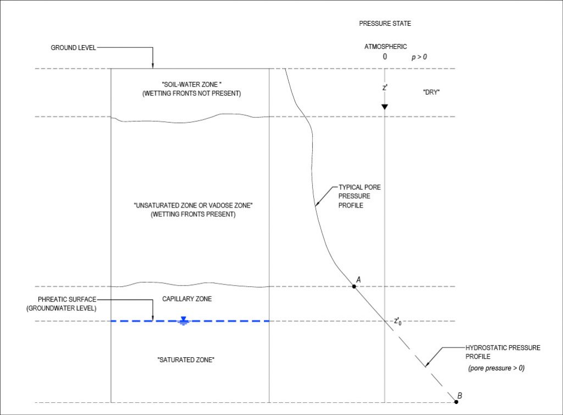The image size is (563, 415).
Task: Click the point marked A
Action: click(354, 286)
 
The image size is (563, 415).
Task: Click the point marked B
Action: click(456, 402)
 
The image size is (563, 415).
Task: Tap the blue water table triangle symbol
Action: click(184, 320)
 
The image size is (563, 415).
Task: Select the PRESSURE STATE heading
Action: click(385, 24)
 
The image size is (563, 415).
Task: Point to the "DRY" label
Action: click(431, 92)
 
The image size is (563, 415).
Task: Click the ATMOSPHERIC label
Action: click(385, 47)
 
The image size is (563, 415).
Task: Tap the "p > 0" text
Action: click(420, 57)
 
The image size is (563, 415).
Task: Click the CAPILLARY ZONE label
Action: click(187, 299)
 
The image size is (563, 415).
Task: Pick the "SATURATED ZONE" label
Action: click(185, 360)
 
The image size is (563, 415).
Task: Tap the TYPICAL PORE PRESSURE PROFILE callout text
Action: click(360, 196)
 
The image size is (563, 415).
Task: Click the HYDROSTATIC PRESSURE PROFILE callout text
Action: click(503, 352)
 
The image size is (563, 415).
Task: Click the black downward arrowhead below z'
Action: click(384, 106)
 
